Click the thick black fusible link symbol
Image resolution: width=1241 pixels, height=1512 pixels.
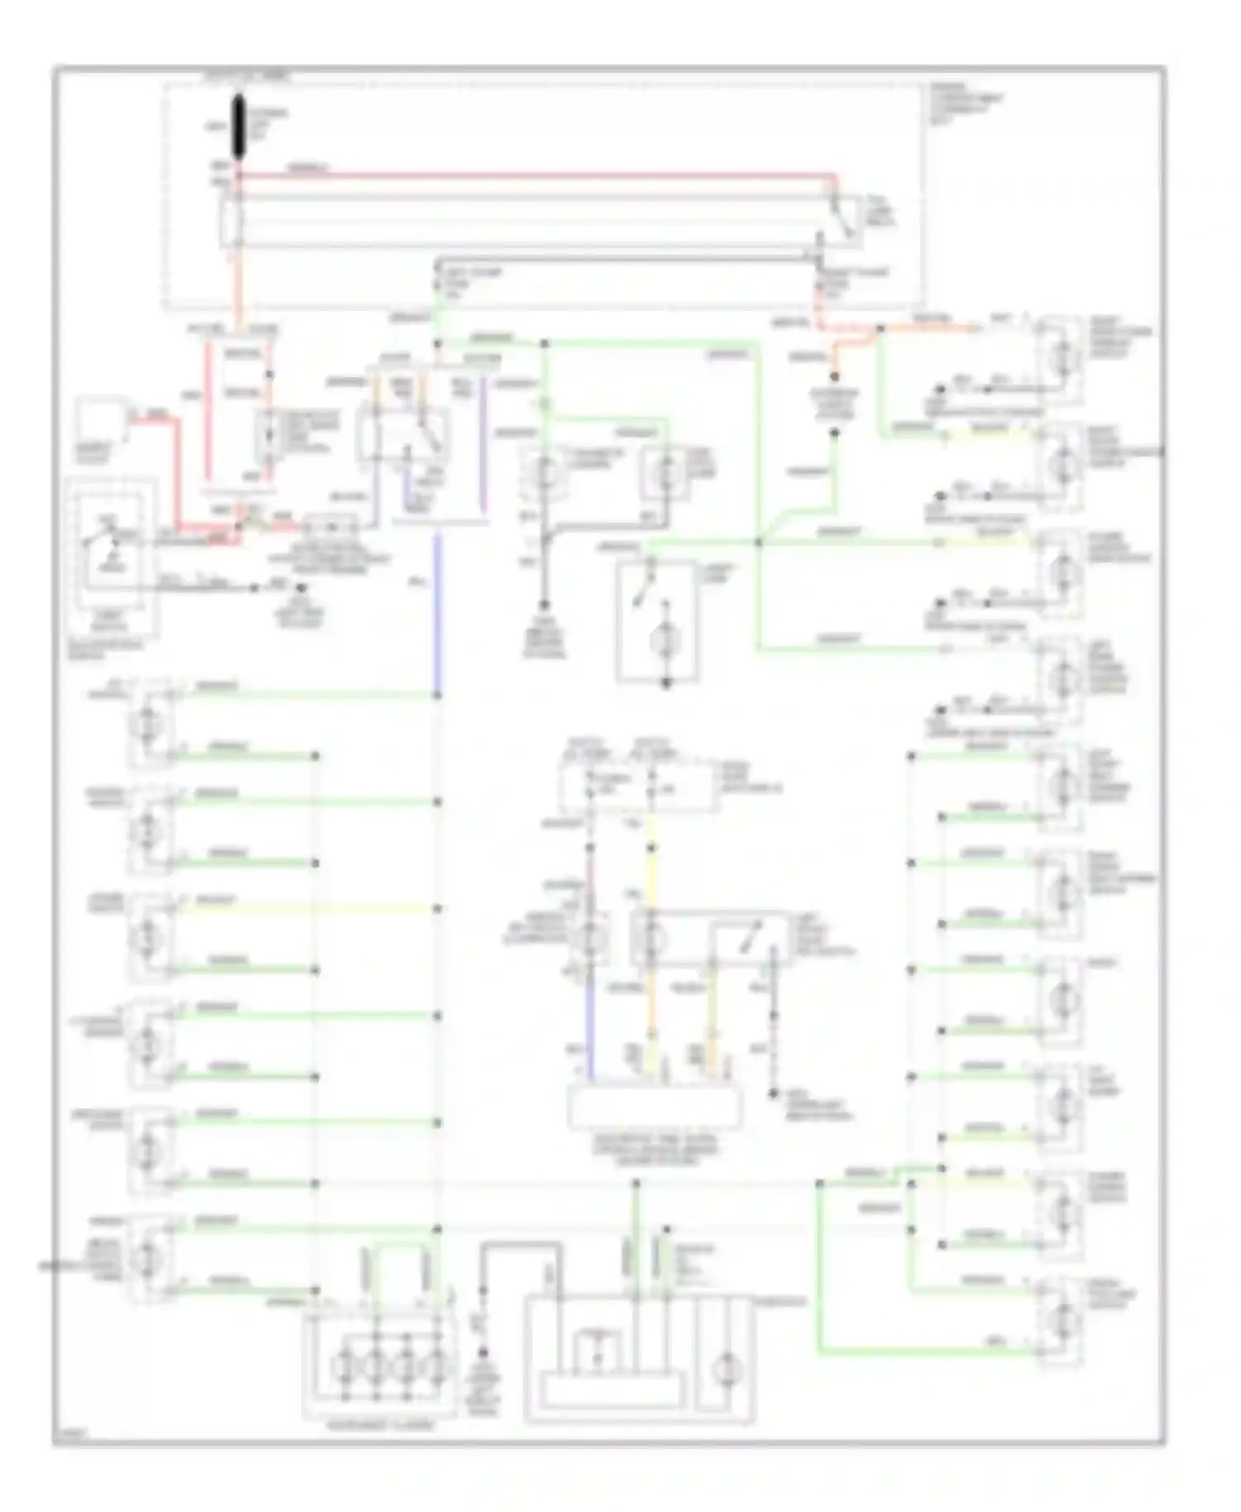pos(239,127)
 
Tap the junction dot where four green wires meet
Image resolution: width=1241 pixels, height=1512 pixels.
pos(759,543)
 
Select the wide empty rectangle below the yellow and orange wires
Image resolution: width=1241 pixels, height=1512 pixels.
pos(654,1108)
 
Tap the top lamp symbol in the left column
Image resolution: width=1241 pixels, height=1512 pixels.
pos(150,721)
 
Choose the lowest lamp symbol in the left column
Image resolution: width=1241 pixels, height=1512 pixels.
pos(150,1256)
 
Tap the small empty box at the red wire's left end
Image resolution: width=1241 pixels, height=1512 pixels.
pos(98,426)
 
